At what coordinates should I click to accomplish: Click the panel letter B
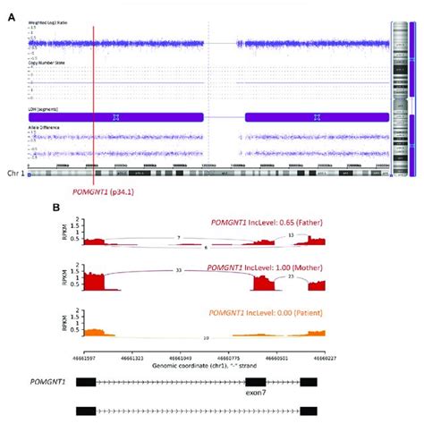coord(55,207)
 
